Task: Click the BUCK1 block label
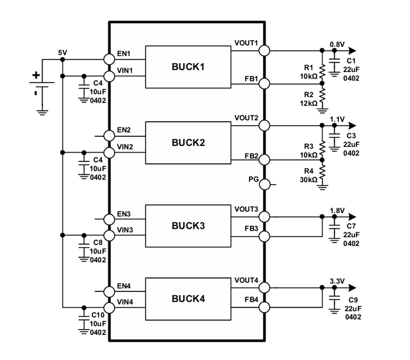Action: click(188, 67)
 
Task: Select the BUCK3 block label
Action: click(188, 226)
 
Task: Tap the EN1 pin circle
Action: click(109, 59)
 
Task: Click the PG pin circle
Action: click(264, 184)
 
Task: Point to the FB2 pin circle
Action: click(264, 160)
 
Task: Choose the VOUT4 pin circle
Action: click(264, 288)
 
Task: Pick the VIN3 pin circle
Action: click(109, 235)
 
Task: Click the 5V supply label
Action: click(62, 53)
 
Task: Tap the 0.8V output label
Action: click(337, 45)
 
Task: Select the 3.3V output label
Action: click(337, 281)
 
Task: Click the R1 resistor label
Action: click(309, 67)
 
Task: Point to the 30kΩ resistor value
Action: click(309, 180)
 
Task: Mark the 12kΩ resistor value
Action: click(309, 103)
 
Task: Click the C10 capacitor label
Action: click(98, 315)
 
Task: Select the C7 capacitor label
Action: click(351, 226)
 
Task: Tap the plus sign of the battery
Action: click(36, 75)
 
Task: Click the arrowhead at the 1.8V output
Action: click(352, 216)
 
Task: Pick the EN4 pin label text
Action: click(124, 286)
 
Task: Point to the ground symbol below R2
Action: click(322, 110)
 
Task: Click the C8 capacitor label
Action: click(98, 243)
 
